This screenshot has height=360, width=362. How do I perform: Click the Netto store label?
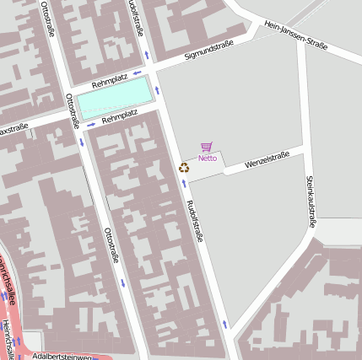(208, 158)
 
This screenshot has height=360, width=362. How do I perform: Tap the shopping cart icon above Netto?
(208, 148)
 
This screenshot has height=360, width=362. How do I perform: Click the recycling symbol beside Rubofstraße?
(184, 167)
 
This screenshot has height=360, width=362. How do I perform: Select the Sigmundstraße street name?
(208, 56)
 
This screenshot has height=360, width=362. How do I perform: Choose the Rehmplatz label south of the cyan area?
(119, 116)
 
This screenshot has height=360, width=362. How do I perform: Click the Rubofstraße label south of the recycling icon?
(195, 221)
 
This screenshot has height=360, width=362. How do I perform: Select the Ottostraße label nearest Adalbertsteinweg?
(110, 244)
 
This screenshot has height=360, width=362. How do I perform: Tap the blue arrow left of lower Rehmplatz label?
(91, 125)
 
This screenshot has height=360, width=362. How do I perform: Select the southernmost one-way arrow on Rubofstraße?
(224, 324)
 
